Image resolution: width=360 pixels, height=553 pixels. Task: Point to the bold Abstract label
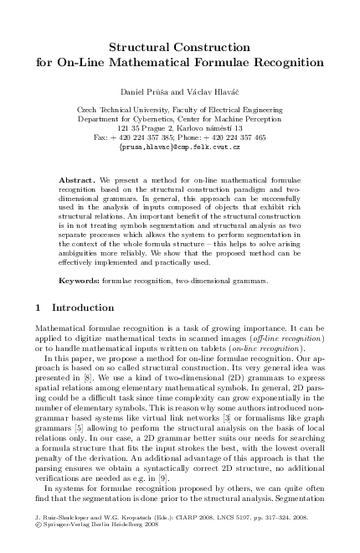(78, 181)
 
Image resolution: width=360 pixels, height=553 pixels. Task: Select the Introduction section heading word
(89, 308)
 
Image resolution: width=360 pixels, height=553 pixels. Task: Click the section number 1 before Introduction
(39, 308)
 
